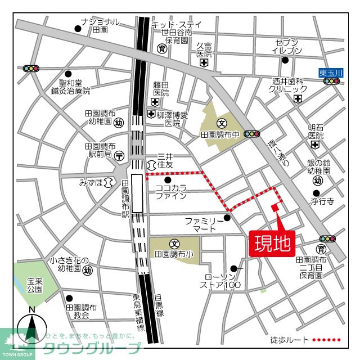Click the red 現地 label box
pyautogui.click(x=273, y=243)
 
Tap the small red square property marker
pyautogui.click(x=275, y=208)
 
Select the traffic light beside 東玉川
pyautogui.click(x=333, y=82)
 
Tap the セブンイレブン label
pyautogui.click(x=288, y=47)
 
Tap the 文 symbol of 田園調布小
pyautogui.click(x=174, y=244)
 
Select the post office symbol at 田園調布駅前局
pyautogui.click(x=119, y=155)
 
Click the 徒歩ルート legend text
pyautogui.click(x=289, y=339)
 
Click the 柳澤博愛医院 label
pyautogui.click(x=172, y=119)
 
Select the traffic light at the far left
pyautogui.click(x=31, y=69)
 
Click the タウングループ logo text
pyautogui.click(x=91, y=347)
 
